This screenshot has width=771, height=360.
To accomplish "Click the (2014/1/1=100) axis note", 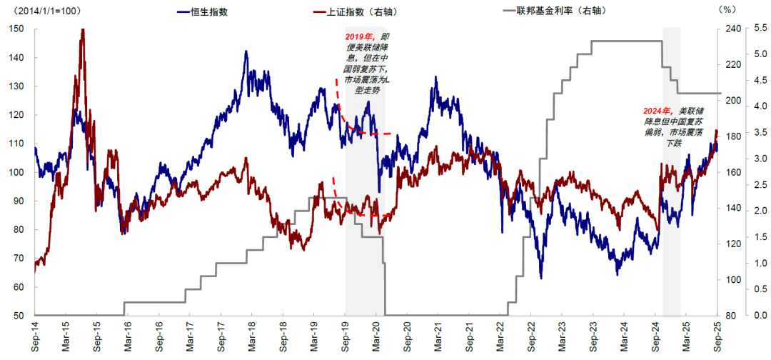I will tap(46, 11).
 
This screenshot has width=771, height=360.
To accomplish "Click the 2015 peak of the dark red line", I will tap(83, 30).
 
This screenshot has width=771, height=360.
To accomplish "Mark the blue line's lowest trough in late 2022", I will tap(541, 278).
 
